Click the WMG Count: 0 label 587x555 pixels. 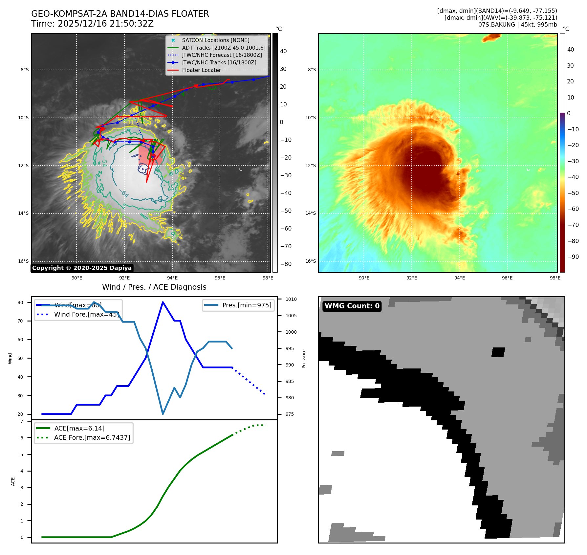[352, 306]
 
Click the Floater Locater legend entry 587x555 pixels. [201, 70]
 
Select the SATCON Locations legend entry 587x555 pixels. [215, 40]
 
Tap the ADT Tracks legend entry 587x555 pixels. [224, 48]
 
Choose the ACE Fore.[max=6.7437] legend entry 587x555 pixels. [92, 437]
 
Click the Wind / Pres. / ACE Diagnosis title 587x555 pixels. [154, 287]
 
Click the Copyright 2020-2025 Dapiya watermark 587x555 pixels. [82, 268]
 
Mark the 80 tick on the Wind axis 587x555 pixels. [20, 302]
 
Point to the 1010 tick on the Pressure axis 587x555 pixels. [291, 299]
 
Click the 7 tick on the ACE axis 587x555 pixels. [22, 421]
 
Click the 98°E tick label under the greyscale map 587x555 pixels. [268, 278]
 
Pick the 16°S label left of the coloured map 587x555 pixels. [311, 261]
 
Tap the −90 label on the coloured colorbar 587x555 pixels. [573, 257]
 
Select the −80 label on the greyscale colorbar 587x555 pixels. [286, 264]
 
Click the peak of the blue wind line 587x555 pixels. [163, 302]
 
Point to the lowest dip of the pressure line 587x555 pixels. [163, 414]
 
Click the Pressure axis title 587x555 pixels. [304, 359]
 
